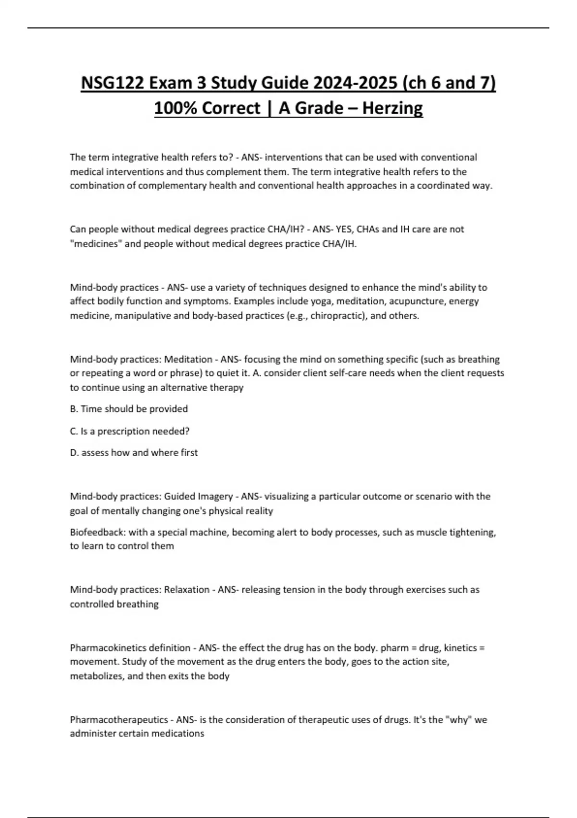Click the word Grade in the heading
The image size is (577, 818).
[321, 108]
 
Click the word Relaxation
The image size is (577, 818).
[187, 589]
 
